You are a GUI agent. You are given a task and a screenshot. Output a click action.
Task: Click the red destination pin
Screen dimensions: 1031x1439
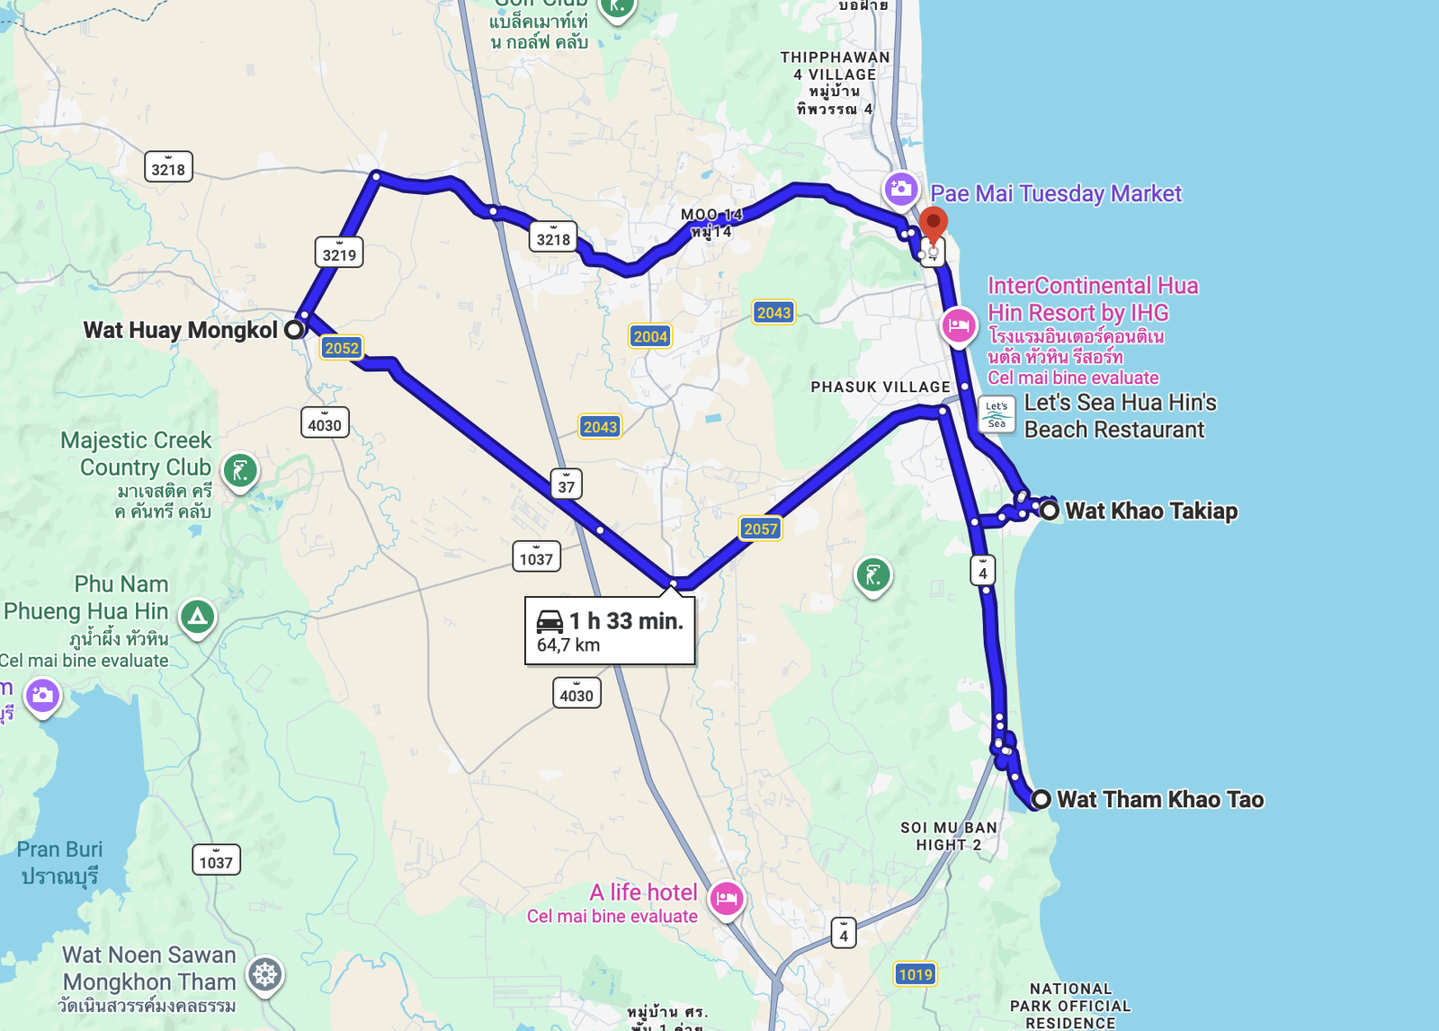click(x=934, y=222)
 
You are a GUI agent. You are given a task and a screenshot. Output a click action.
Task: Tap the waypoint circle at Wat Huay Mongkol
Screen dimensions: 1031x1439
click(x=293, y=330)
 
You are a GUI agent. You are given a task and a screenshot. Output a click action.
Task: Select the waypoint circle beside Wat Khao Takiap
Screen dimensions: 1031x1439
click(x=1050, y=511)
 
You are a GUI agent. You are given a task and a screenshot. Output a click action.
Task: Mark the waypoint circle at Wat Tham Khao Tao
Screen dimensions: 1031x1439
click(x=1041, y=799)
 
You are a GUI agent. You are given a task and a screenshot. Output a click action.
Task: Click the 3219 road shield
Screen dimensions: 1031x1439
click(x=339, y=253)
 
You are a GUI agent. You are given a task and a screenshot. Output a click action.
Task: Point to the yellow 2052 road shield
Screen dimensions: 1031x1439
click(x=342, y=348)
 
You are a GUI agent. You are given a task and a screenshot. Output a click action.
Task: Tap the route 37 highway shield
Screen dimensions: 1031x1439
click(x=566, y=485)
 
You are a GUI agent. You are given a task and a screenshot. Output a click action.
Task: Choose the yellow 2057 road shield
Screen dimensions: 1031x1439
click(x=760, y=529)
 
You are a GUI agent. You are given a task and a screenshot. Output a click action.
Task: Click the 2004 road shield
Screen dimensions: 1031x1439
click(x=650, y=336)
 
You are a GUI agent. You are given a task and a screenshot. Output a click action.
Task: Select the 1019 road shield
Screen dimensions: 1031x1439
click(x=916, y=974)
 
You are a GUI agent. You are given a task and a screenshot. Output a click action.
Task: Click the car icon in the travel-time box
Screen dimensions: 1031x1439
click(x=550, y=621)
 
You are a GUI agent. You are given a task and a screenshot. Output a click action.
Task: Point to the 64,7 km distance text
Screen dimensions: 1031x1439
click(x=568, y=645)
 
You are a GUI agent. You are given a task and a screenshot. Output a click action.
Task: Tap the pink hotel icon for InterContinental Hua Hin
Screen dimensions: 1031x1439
click(x=959, y=324)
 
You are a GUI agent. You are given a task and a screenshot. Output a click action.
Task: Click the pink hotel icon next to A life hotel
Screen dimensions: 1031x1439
click(x=727, y=898)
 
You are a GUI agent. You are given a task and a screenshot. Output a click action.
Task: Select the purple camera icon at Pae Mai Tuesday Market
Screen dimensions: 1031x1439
click(x=900, y=189)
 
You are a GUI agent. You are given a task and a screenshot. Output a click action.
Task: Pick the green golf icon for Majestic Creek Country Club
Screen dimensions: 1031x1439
click(x=240, y=469)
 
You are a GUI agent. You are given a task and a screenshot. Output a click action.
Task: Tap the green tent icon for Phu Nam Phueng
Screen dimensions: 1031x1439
click(x=198, y=616)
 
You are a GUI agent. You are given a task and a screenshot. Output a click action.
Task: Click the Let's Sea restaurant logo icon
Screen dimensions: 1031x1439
click(x=997, y=414)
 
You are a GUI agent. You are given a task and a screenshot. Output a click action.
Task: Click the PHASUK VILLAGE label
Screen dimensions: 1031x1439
click(x=880, y=387)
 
